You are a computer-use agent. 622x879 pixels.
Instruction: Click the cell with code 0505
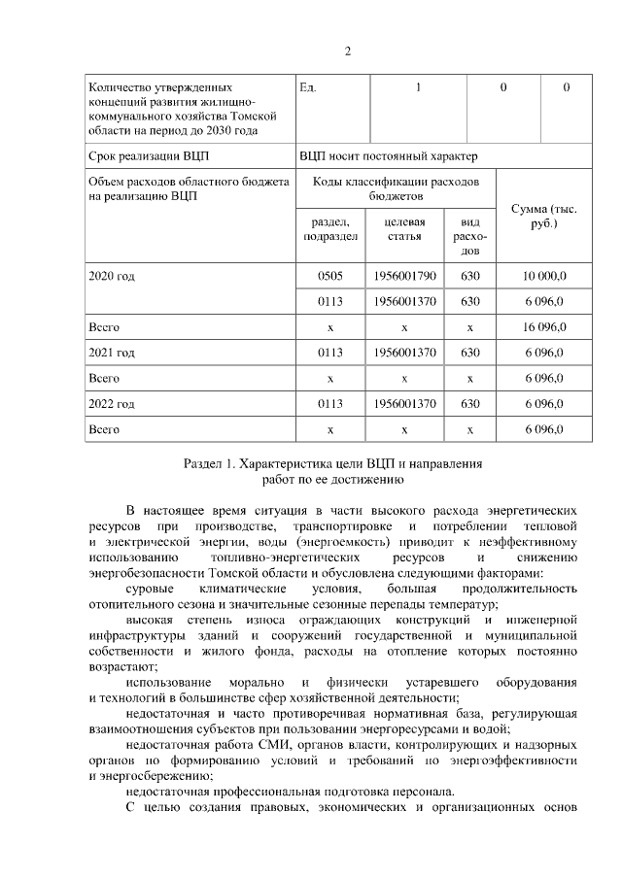(x=330, y=276)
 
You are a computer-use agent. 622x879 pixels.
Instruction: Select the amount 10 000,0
(x=544, y=276)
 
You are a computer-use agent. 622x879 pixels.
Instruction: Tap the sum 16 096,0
(x=544, y=326)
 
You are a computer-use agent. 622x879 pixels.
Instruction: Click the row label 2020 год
(x=111, y=276)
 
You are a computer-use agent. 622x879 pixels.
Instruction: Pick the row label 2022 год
(x=111, y=403)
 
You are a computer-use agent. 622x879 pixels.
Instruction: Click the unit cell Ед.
(x=309, y=88)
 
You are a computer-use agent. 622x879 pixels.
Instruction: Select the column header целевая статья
(x=403, y=229)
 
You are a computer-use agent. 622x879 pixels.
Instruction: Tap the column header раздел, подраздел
(x=330, y=229)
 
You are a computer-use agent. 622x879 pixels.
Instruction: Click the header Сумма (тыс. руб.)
(x=544, y=217)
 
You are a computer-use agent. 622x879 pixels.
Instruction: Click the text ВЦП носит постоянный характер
(x=389, y=155)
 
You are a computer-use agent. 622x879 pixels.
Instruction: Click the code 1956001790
(x=403, y=276)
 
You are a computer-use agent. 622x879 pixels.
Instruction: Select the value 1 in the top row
(x=418, y=88)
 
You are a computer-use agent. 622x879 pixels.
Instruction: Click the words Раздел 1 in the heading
(x=213, y=464)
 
